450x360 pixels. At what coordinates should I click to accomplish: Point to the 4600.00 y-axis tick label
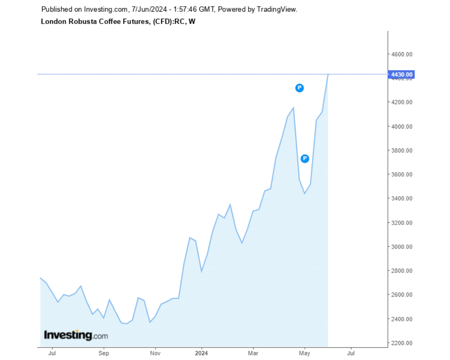pyautogui.click(x=402, y=54)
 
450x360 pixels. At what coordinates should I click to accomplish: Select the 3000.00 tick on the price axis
pyautogui.click(x=402, y=247)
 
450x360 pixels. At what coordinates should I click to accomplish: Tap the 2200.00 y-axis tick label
pyautogui.click(x=402, y=343)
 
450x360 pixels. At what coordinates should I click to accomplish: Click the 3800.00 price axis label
pyautogui.click(x=402, y=150)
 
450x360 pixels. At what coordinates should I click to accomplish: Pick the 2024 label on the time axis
pyautogui.click(x=201, y=353)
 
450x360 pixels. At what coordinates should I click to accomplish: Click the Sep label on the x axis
pyautogui.click(x=103, y=353)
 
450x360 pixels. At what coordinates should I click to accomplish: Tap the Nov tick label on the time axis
pyautogui.click(x=155, y=353)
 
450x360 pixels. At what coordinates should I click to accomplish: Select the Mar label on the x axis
pyautogui.click(x=253, y=353)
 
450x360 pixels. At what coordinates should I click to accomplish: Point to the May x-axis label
pyautogui.click(x=304, y=353)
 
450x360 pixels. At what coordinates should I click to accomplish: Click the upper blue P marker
pyautogui.click(x=299, y=88)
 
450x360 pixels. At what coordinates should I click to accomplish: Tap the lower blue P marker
pyautogui.click(x=305, y=158)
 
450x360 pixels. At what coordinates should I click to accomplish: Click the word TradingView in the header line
pyautogui.click(x=277, y=9)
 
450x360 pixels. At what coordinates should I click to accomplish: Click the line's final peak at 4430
pyautogui.click(x=328, y=75)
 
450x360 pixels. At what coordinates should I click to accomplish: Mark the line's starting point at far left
pyautogui.click(x=40, y=278)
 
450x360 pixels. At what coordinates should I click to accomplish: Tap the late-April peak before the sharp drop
pyautogui.click(x=293, y=108)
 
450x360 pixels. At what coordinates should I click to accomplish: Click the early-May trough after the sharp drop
pyautogui.click(x=305, y=193)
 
